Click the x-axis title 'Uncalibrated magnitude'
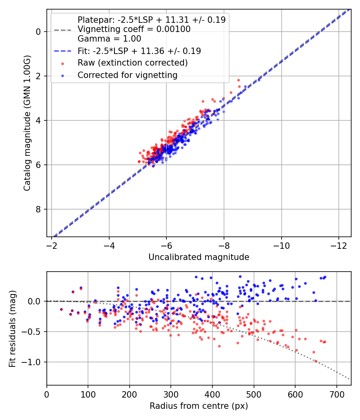(199, 257)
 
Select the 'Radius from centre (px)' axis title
(199, 406)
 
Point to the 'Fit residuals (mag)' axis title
(12, 328)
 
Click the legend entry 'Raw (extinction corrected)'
(132, 63)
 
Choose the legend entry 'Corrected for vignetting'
(128, 75)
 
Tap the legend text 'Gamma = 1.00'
(109, 39)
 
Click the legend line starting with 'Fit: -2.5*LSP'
(139, 51)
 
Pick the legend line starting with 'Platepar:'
(152, 20)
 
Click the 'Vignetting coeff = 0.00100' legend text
(134, 29)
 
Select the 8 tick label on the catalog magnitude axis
(38, 209)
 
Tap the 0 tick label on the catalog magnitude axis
(38, 32)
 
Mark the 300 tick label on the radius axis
(171, 394)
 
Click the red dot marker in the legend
(62, 63)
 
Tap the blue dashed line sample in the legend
(62, 51)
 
